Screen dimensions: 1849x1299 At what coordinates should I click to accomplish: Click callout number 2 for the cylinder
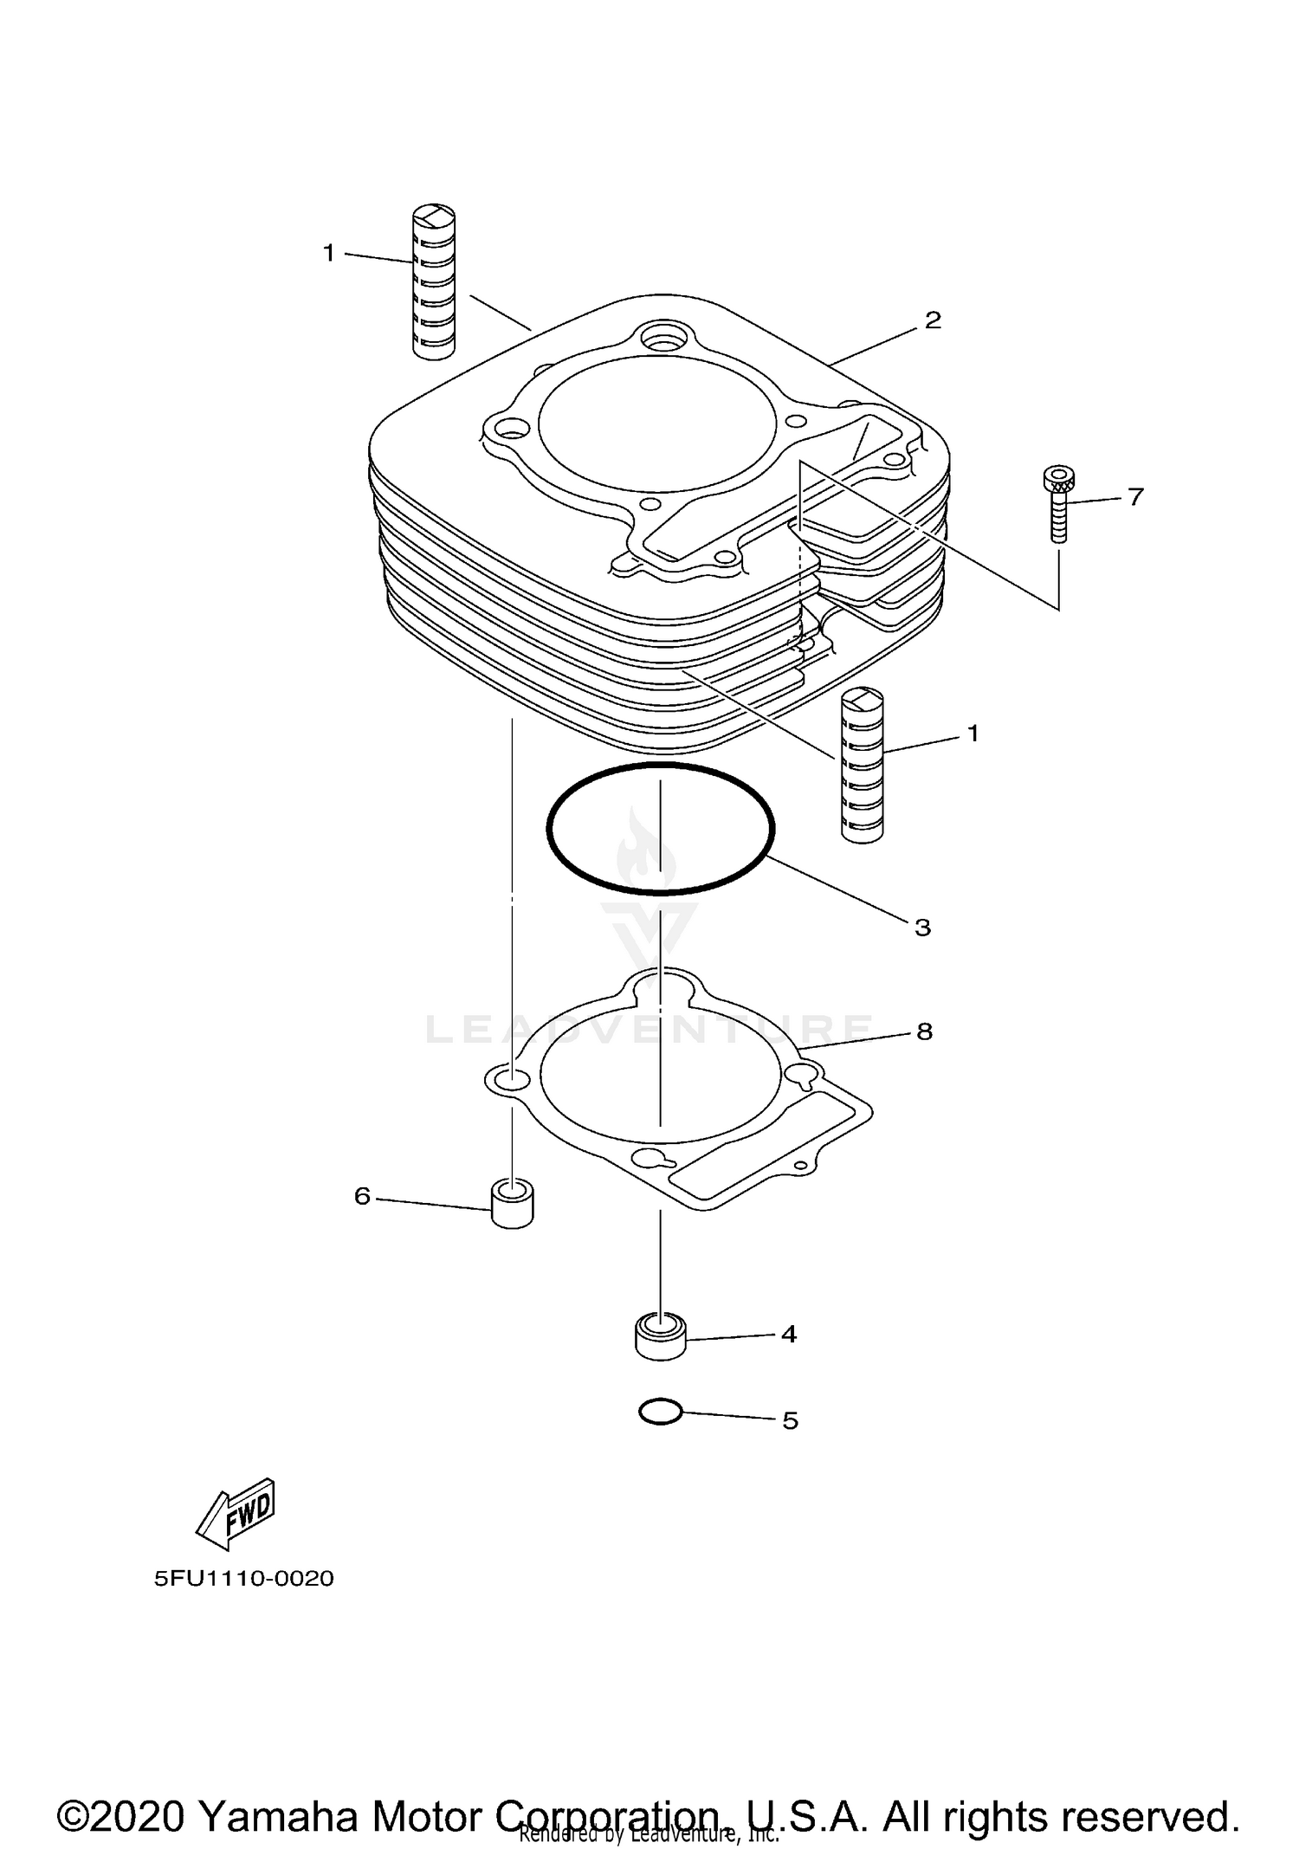tap(932, 320)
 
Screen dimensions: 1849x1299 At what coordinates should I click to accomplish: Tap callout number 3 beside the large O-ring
tap(922, 928)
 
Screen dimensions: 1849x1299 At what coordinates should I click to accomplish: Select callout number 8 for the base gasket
tap(924, 1031)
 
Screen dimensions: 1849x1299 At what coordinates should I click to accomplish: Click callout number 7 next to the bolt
tap(1135, 497)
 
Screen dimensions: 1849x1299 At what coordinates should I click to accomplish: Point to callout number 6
tap(362, 1196)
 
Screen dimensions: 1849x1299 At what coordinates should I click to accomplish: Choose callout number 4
tap(788, 1335)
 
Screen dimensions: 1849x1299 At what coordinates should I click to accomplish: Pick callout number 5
tap(790, 1421)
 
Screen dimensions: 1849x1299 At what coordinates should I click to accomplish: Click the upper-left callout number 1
tap(329, 253)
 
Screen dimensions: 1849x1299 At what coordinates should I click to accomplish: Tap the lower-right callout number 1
tap(973, 734)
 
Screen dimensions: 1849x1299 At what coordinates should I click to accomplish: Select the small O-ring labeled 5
tap(660, 1413)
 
